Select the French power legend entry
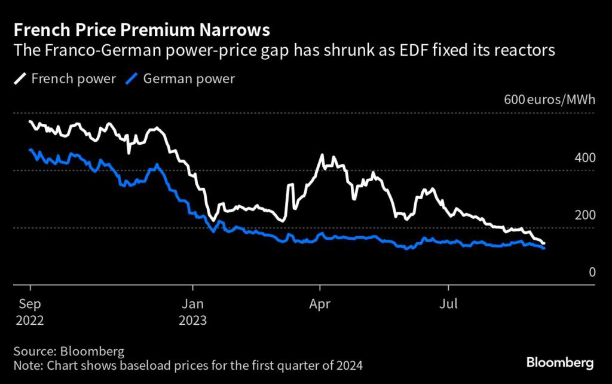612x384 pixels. click(65, 78)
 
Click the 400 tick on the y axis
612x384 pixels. click(584, 158)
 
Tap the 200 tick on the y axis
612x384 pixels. click(584, 215)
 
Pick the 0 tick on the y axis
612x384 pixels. click(592, 272)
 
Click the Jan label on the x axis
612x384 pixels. click(192, 303)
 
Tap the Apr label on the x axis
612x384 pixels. click(320, 303)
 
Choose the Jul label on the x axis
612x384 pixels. click(448, 303)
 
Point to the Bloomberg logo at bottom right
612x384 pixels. click(559, 362)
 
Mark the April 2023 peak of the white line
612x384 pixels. click(323, 155)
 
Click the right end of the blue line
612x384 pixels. click(543, 248)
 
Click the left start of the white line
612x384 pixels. click(30, 122)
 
